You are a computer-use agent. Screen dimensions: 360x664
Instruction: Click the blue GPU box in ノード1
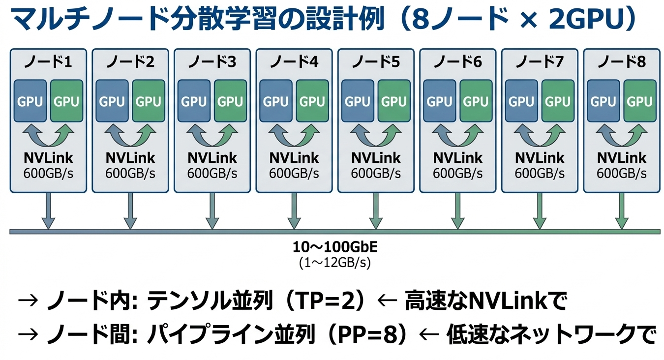30,101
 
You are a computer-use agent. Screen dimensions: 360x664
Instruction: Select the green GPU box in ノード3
230,101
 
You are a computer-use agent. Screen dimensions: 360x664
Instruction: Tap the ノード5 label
376,62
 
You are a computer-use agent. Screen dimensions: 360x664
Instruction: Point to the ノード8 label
621,62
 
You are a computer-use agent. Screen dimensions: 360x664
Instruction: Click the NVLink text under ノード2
130,158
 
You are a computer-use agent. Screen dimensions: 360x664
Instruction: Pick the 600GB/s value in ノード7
540,173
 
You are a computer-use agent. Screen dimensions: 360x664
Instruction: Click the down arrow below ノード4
294,210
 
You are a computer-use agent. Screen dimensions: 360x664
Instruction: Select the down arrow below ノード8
621,210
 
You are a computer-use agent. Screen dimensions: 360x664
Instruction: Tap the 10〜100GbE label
335,246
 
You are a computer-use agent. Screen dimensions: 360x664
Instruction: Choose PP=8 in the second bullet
368,336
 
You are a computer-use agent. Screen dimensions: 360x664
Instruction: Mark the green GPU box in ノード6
476,101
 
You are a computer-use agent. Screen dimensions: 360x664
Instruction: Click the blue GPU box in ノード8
603,101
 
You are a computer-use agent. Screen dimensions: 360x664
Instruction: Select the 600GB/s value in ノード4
294,173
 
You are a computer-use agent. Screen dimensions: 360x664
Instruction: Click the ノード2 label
130,62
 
